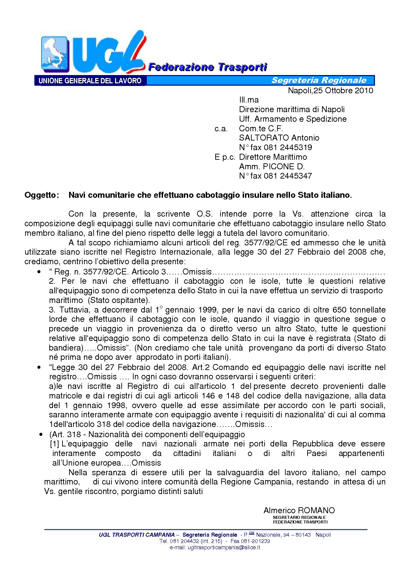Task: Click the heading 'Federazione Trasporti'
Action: [x=207, y=67]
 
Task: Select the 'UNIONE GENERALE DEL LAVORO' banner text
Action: [x=90, y=81]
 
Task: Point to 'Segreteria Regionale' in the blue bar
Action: [x=319, y=80]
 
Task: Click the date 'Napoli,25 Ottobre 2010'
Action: [x=330, y=91]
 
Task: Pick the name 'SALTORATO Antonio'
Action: [x=279, y=138]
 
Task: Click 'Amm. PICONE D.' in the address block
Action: [x=271, y=166]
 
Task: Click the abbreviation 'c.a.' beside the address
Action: [x=221, y=129]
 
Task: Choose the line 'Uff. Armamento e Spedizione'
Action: [x=293, y=119]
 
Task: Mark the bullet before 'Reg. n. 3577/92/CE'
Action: [x=39, y=272]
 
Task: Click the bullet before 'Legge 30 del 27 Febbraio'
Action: [x=39, y=367]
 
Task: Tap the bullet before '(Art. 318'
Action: [x=41, y=434]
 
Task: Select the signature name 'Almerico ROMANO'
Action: [x=299, y=511]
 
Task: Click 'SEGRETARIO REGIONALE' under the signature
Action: [x=299, y=517]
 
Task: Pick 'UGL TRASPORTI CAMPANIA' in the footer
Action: [x=137, y=535]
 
